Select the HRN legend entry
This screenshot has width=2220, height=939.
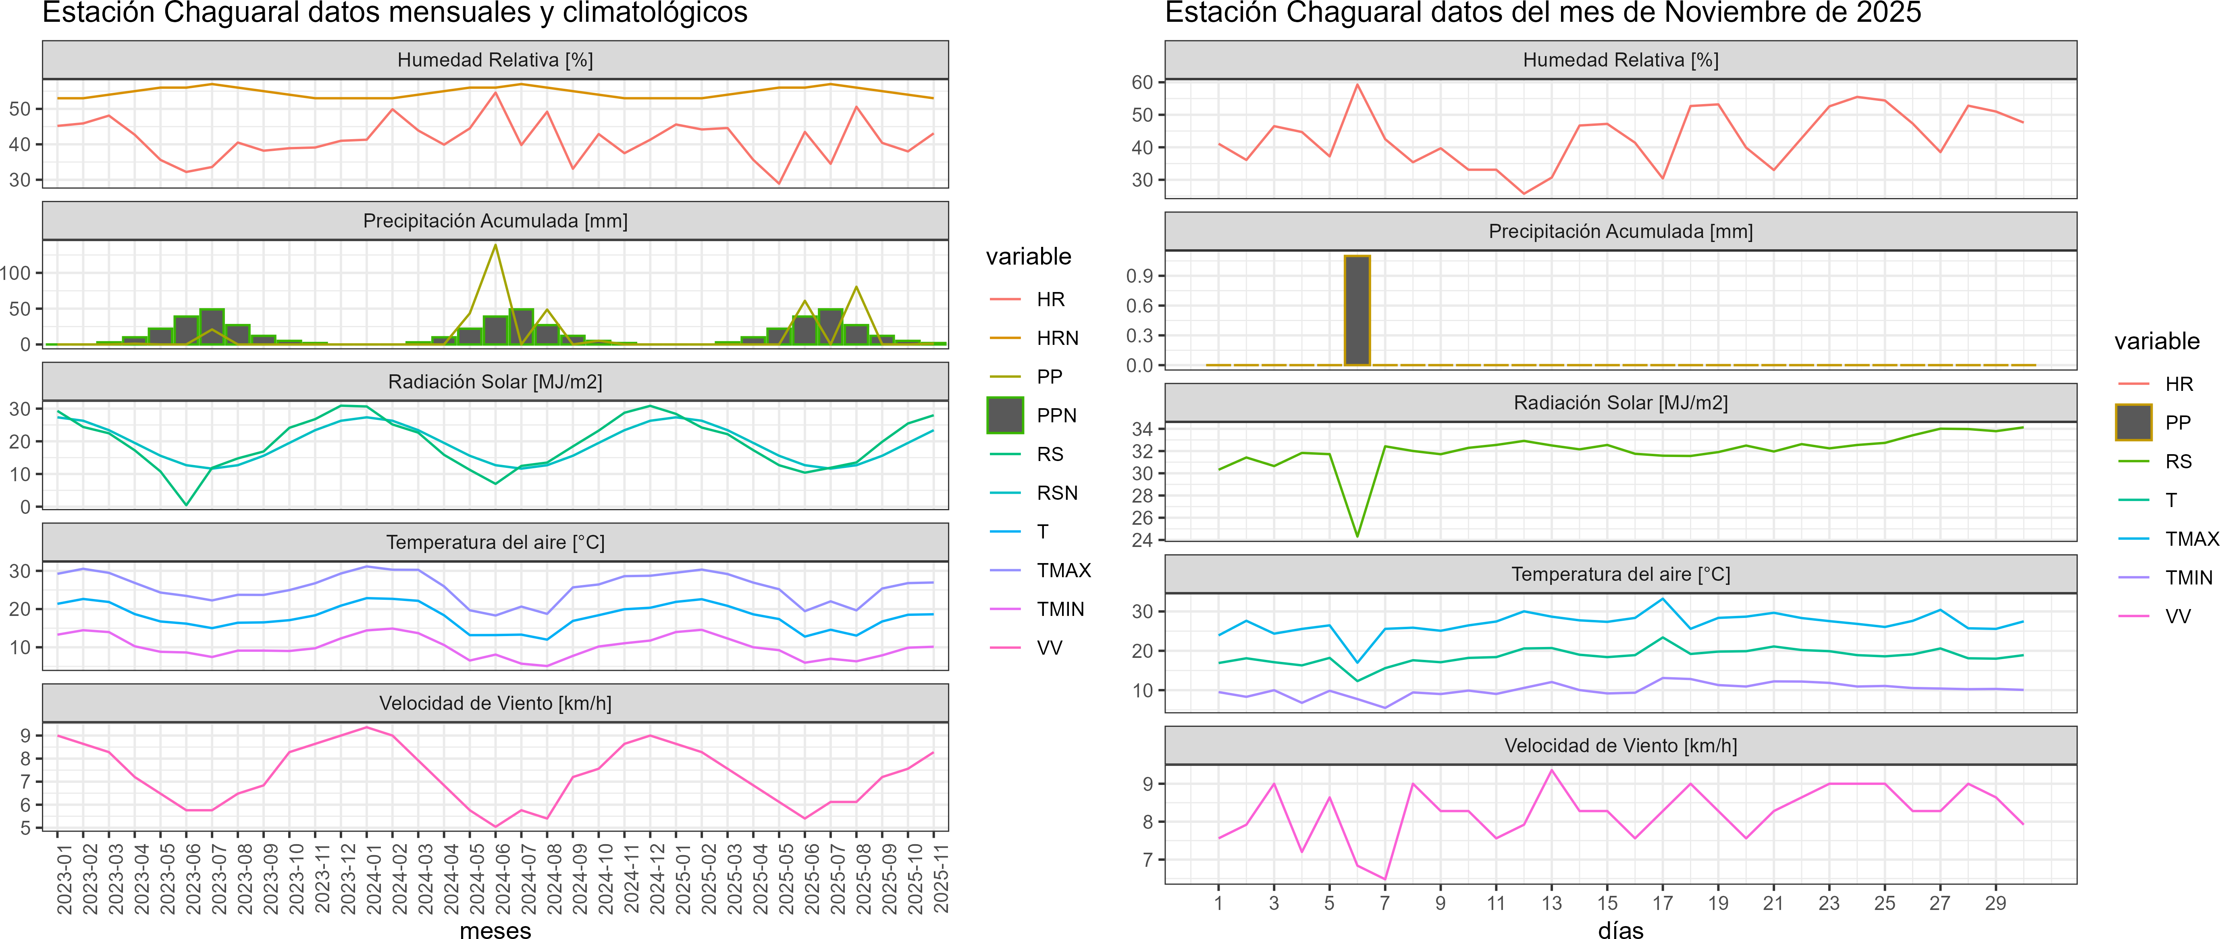[x=1056, y=338]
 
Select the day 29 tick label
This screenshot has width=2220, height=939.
[x=1995, y=903]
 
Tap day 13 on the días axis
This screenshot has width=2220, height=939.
[x=1551, y=903]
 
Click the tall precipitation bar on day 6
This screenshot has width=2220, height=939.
[x=1357, y=311]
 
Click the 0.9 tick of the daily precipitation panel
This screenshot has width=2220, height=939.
[x=1139, y=276]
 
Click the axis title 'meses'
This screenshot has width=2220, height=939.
[x=495, y=929]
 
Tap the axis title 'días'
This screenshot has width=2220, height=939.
[x=1620, y=929]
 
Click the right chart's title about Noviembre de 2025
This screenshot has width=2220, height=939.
[x=1542, y=13]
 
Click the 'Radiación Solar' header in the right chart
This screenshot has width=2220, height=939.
[x=1620, y=403]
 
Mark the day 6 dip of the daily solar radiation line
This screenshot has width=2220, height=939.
[x=1357, y=536]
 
